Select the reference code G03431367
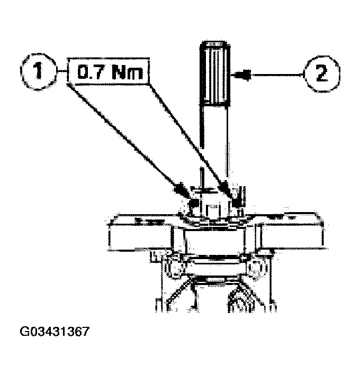[54, 333]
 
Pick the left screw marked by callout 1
[193, 204]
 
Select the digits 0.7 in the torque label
[89, 73]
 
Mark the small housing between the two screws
[212, 204]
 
